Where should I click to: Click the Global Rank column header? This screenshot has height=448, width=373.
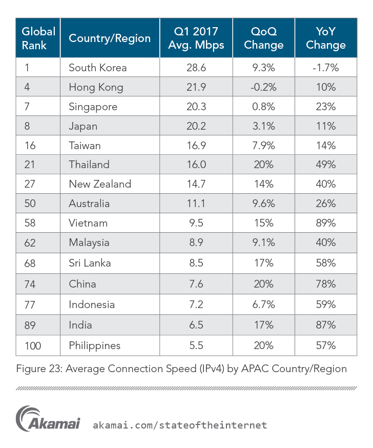tap(38, 38)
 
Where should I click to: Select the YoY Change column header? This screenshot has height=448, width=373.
tap(325, 38)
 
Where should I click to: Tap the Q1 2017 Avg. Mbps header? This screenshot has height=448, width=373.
tap(196, 38)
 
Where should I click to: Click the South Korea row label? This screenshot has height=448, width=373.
tap(97, 68)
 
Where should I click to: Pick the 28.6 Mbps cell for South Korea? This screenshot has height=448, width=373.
tap(196, 68)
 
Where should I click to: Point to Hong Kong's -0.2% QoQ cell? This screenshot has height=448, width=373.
tap(263, 87)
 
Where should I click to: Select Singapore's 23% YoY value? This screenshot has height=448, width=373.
tap(325, 107)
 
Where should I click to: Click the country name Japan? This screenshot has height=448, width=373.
tap(83, 126)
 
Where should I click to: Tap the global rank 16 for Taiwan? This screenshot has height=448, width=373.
tap(30, 146)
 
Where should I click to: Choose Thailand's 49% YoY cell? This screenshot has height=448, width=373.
tap(325, 165)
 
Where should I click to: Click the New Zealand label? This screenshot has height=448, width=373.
tap(100, 184)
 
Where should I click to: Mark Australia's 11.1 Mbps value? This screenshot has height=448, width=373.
tap(196, 203)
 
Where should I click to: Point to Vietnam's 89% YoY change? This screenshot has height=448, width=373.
tap(325, 223)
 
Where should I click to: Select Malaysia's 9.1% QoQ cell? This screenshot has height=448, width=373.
tap(263, 243)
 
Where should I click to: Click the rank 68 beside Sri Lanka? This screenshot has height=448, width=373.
tap(31, 263)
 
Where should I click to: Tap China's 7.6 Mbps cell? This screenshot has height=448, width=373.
tap(196, 284)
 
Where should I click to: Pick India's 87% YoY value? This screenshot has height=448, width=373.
tap(325, 325)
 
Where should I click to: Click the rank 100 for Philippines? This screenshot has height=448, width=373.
tap(33, 345)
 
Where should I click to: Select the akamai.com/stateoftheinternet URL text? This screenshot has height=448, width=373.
tap(180, 425)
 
